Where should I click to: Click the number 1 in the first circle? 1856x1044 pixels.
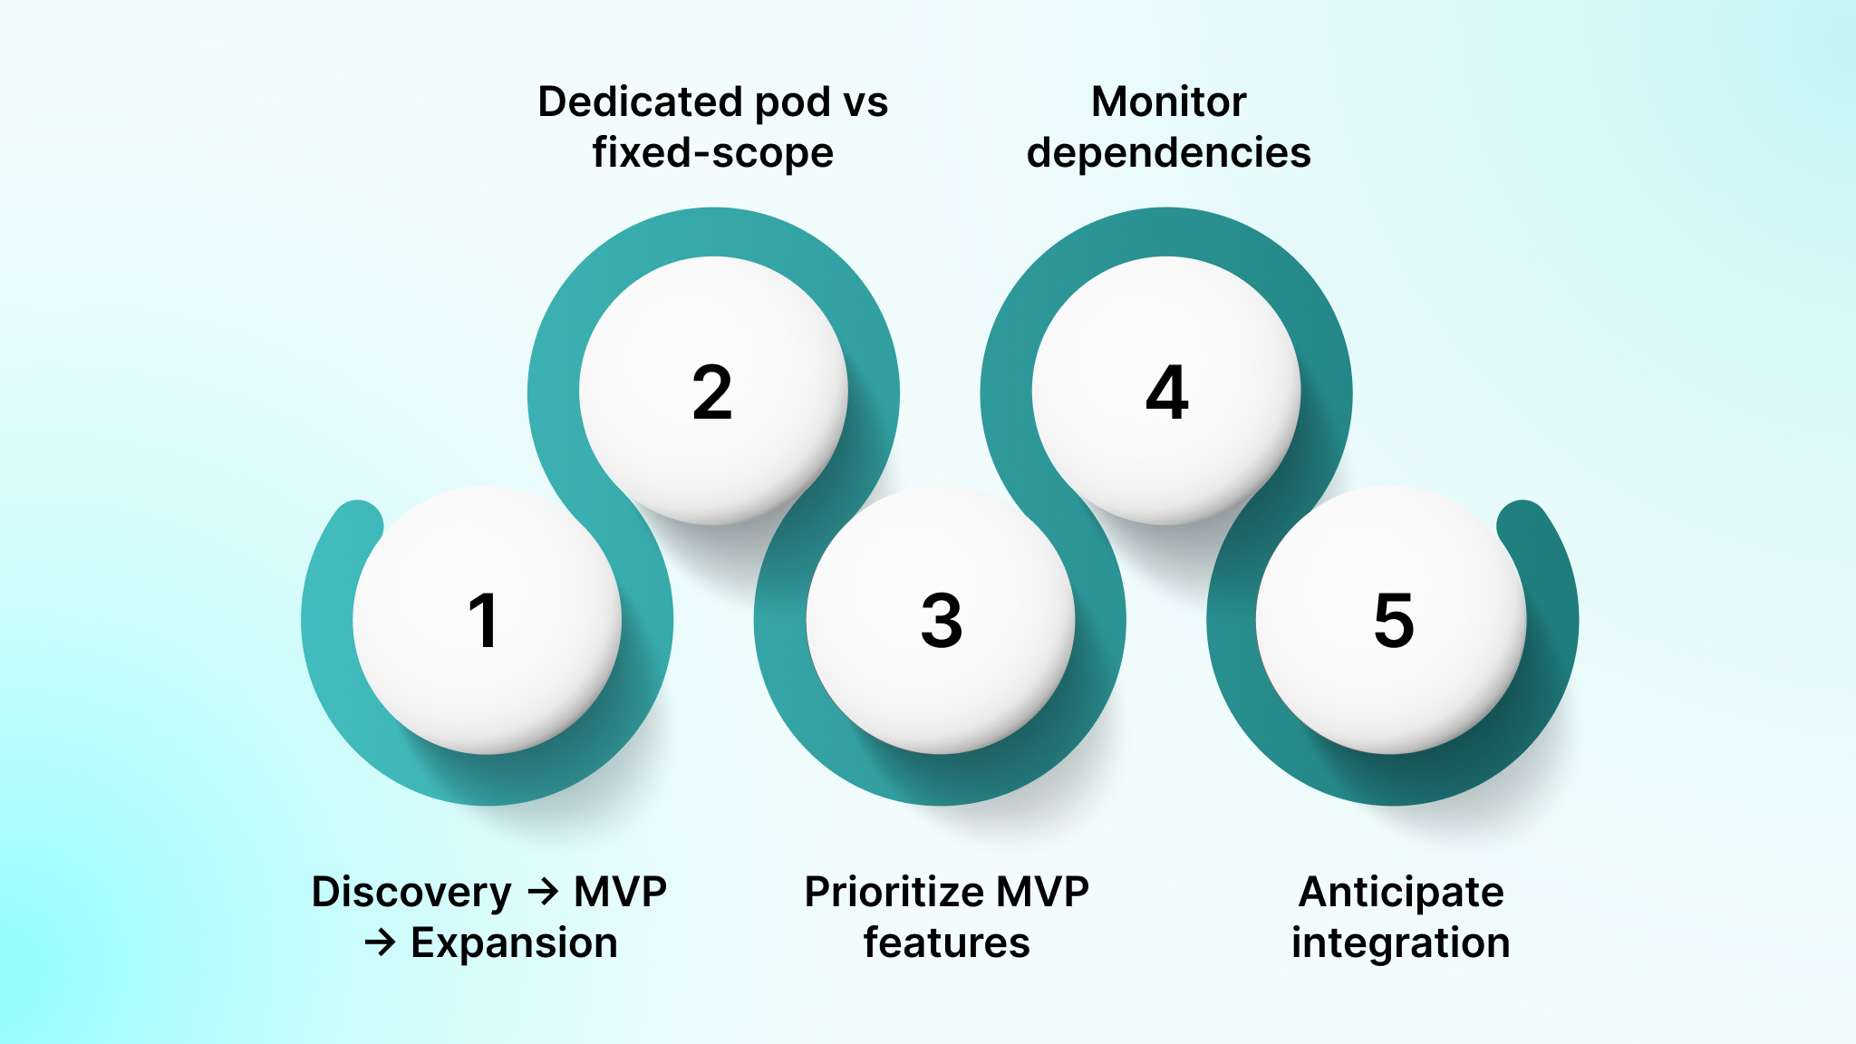pyautogui.click(x=484, y=621)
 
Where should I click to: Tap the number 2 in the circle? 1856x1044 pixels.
pyautogui.click(x=712, y=392)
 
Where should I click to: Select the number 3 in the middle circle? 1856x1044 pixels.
pyautogui.click(x=941, y=621)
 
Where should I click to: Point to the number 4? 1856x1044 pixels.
pyautogui.click(x=1167, y=392)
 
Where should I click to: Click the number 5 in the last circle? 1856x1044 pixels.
pyautogui.click(x=1394, y=621)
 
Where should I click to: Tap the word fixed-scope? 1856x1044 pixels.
pyautogui.click(x=712, y=152)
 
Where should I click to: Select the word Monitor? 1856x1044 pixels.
pyautogui.click(x=1168, y=101)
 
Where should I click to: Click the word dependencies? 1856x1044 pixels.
pyautogui.click(x=1168, y=152)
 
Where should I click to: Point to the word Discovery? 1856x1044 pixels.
pyautogui.click(x=411, y=893)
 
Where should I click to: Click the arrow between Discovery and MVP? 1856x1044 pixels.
pyautogui.click(x=543, y=892)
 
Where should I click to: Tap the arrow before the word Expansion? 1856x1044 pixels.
pyautogui.click(x=380, y=942)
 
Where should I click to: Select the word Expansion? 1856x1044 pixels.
pyautogui.click(x=514, y=942)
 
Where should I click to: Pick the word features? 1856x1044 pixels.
pyautogui.click(x=946, y=942)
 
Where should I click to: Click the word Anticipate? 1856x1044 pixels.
pyautogui.click(x=1401, y=893)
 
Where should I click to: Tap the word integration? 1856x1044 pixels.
pyautogui.click(x=1401, y=942)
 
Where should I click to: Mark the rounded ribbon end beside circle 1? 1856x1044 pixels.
pyautogui.click(x=358, y=524)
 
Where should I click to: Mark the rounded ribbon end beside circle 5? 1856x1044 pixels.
pyautogui.click(x=1522, y=524)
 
